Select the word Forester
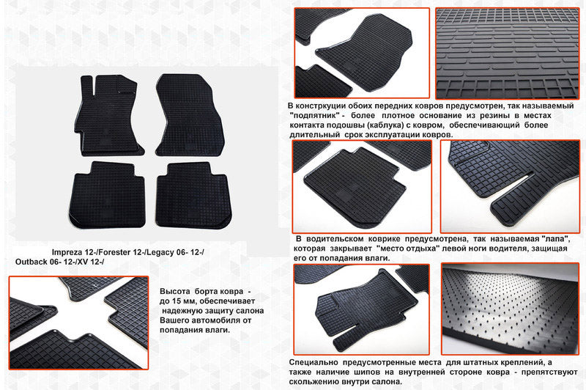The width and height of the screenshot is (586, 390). coord(118,252)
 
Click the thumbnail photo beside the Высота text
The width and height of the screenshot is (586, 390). coord(78,322)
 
